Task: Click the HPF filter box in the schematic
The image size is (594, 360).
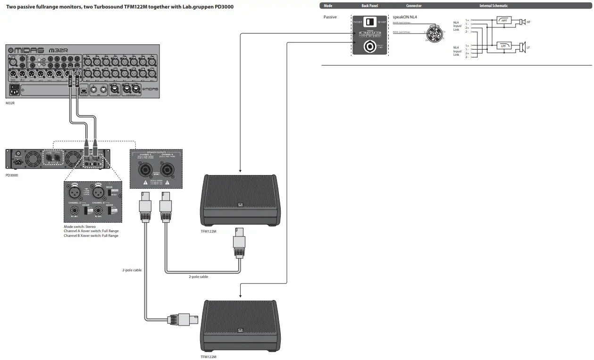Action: pos(503,21)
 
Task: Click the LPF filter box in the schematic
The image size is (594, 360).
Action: pos(503,46)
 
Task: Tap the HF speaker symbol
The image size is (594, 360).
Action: pos(522,22)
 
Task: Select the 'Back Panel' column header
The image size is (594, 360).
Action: pos(369,6)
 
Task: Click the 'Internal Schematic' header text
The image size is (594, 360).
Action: pos(493,6)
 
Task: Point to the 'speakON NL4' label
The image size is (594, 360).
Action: pos(405,17)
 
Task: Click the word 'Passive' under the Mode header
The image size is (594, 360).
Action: pos(330,17)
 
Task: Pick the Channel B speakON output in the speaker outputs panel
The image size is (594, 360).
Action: pos(167,169)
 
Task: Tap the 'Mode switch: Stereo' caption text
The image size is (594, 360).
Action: pos(80,226)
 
